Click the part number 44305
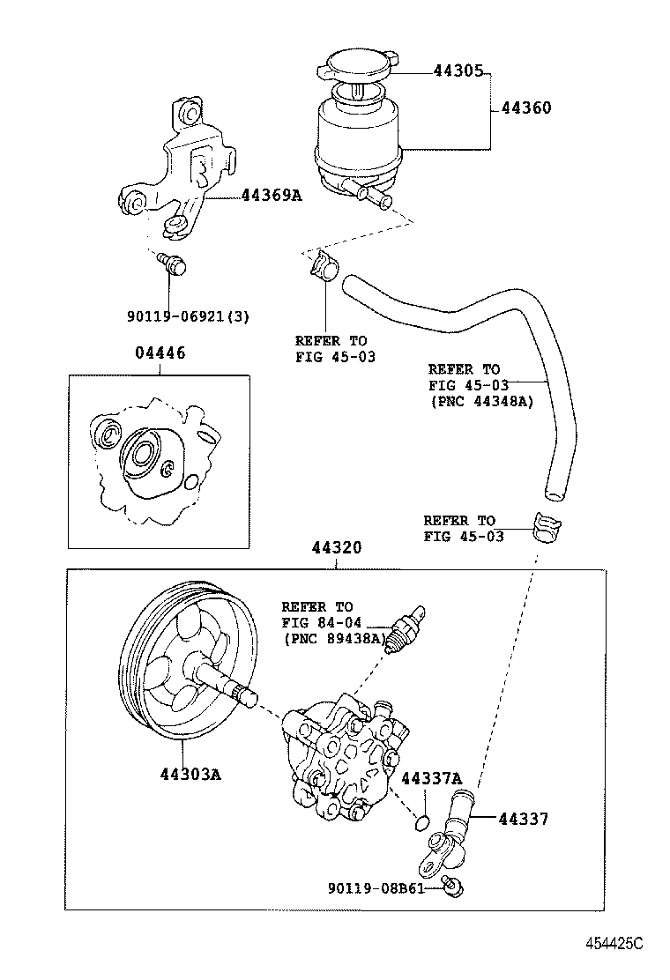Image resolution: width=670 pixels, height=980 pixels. point(458,71)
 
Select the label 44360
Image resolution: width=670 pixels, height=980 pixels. point(526,108)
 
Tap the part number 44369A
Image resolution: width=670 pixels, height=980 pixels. point(272,196)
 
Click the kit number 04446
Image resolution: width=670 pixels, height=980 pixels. point(160,353)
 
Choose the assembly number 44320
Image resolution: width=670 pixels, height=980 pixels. point(336,547)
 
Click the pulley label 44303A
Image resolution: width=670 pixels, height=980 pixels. point(190,775)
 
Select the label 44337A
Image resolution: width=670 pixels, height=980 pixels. point(431,779)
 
